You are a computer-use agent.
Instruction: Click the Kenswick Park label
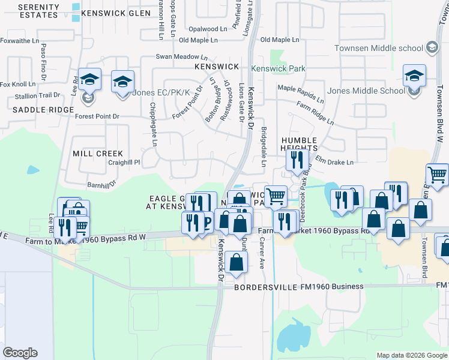(279, 69)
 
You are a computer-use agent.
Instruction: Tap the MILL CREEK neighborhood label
(97, 154)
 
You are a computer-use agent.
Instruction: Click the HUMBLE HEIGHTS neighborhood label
(298, 143)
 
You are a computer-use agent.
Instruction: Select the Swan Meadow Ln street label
(178, 56)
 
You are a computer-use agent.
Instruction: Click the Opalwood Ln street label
(208, 29)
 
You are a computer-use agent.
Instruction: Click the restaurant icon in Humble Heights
(297, 160)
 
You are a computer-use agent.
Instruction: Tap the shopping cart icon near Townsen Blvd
(438, 175)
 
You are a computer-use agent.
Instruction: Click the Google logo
(20, 353)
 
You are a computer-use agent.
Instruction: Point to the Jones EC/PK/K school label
(161, 92)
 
